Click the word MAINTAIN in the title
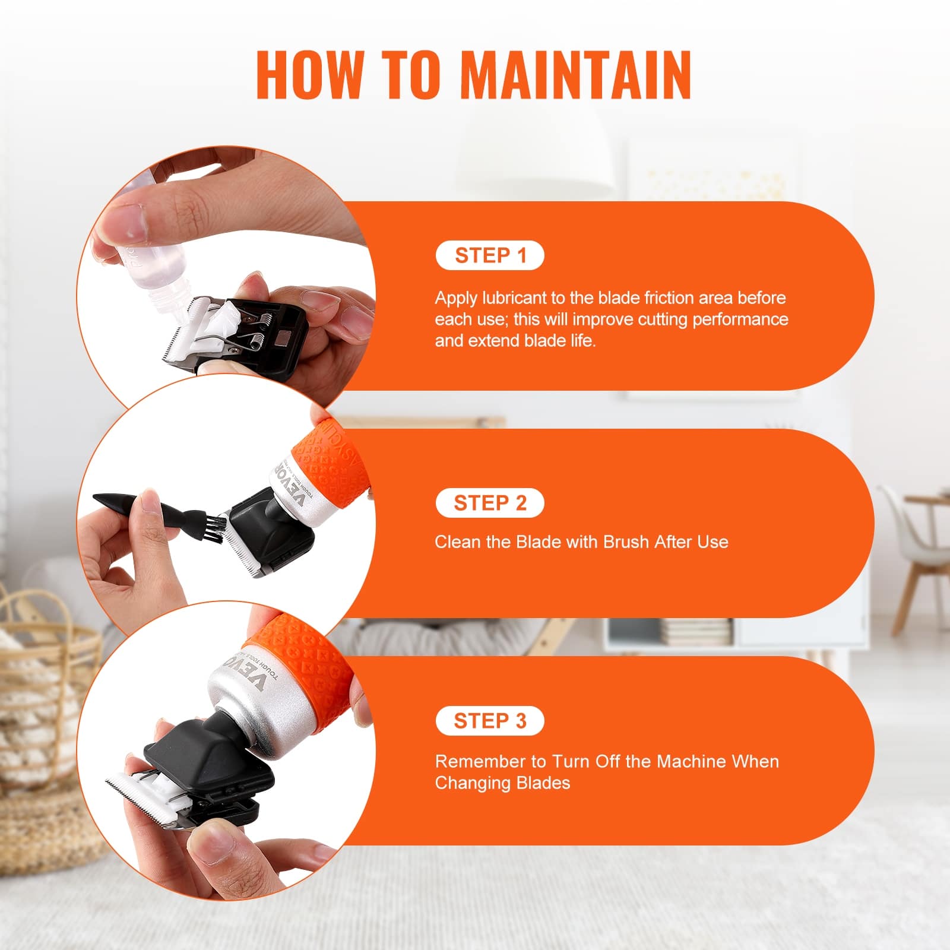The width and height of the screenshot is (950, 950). pos(575,75)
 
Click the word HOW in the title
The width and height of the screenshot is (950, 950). pos(309,75)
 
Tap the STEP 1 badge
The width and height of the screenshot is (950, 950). pos(490,255)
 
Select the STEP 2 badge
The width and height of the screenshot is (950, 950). pos(490,503)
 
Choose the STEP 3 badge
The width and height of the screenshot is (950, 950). pos(490,721)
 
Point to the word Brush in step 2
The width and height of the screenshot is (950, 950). pos(626,541)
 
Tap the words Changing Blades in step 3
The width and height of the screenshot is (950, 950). pos(502,783)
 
